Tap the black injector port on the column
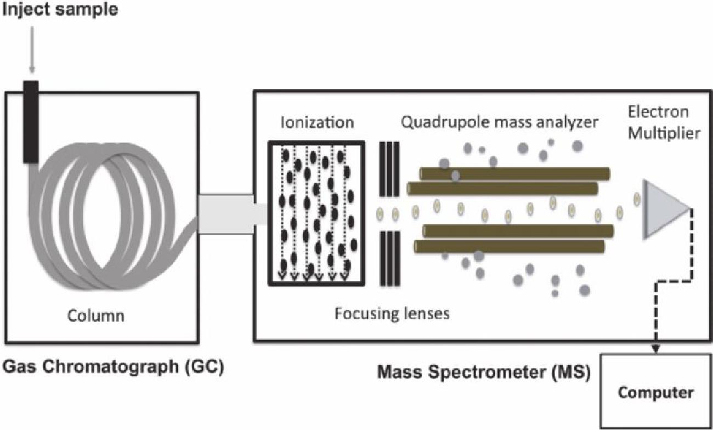[x=31, y=121]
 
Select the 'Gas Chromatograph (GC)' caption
[x=113, y=366]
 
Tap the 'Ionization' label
[x=317, y=122]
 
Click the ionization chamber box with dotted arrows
[x=316, y=213]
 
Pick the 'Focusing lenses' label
[x=392, y=314]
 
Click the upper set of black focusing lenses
[x=389, y=169]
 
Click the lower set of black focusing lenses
[x=389, y=258]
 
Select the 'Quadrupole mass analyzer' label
[x=499, y=122]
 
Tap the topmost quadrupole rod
[x=514, y=173]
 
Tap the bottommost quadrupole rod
[x=510, y=246]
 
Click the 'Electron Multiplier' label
[x=664, y=122]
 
